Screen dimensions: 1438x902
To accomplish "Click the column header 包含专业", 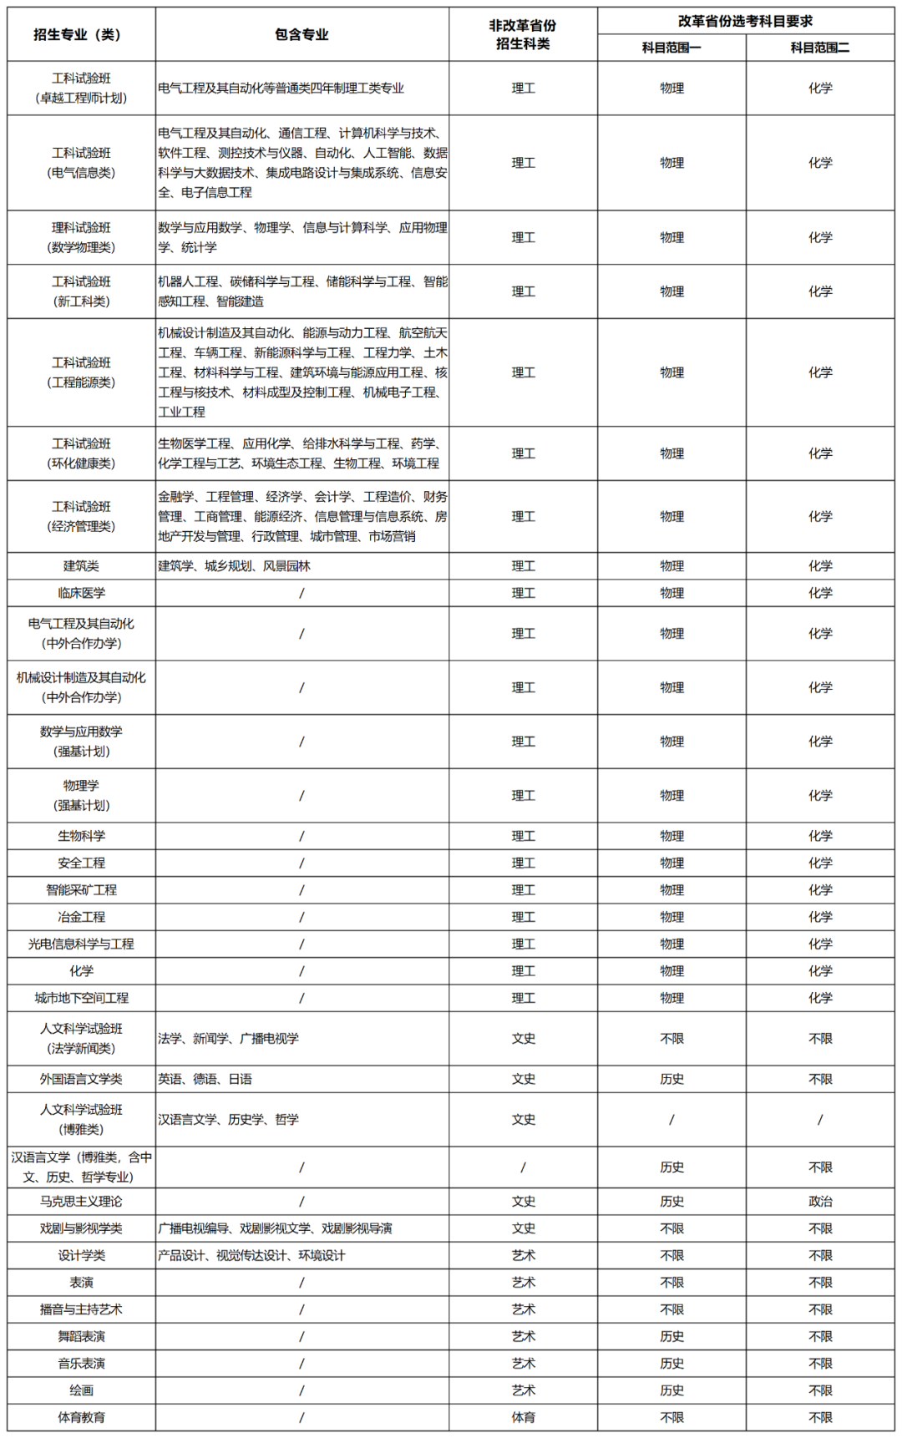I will [302, 34].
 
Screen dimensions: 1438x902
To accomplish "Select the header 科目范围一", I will [671, 48].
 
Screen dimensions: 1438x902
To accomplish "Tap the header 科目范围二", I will [820, 48].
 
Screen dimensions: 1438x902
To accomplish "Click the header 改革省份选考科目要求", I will [745, 21].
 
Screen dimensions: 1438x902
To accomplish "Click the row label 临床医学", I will [81, 593].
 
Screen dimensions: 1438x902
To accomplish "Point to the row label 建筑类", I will [81, 566].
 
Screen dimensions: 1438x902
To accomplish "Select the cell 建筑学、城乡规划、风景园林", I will [235, 566].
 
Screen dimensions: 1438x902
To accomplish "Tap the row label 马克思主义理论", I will [81, 1201].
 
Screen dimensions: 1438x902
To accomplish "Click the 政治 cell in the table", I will [820, 1201].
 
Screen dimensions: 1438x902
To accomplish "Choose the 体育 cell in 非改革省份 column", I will [524, 1417].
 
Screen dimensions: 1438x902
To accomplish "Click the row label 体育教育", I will [81, 1417].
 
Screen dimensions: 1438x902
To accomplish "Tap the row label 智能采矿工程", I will [81, 890].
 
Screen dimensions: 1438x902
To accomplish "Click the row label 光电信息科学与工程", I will [81, 944].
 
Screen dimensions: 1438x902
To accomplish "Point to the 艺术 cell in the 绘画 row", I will [524, 1390].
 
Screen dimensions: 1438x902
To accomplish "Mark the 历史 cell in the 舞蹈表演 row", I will [671, 1336].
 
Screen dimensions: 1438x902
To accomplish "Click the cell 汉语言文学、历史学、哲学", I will [229, 1119].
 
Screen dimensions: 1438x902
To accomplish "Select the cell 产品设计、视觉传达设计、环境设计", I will [251, 1255].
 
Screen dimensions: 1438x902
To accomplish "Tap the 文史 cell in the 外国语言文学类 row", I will [524, 1079].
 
